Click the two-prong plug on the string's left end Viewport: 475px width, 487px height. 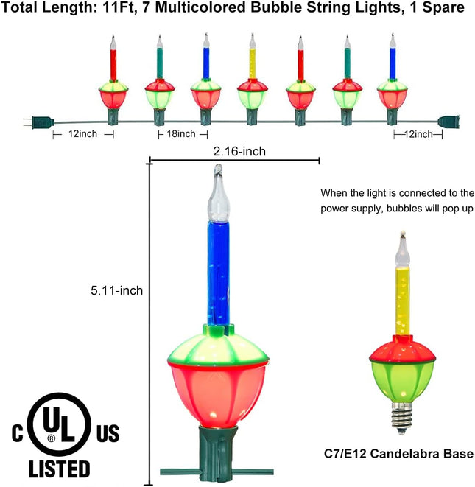click(38, 122)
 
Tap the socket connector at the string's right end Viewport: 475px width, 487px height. click(448, 122)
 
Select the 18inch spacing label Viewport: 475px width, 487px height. click(181, 134)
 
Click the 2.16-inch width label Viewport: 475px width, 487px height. click(239, 151)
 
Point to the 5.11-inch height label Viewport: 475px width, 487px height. click(117, 290)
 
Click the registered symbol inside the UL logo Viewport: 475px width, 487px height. click(52, 438)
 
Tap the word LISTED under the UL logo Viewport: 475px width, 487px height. click(60, 469)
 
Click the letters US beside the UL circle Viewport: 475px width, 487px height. click(108, 433)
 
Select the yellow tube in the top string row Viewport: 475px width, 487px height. click(253, 63)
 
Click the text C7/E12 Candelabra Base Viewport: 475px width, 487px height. click(399, 454)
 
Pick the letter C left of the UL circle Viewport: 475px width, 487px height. click(18, 433)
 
